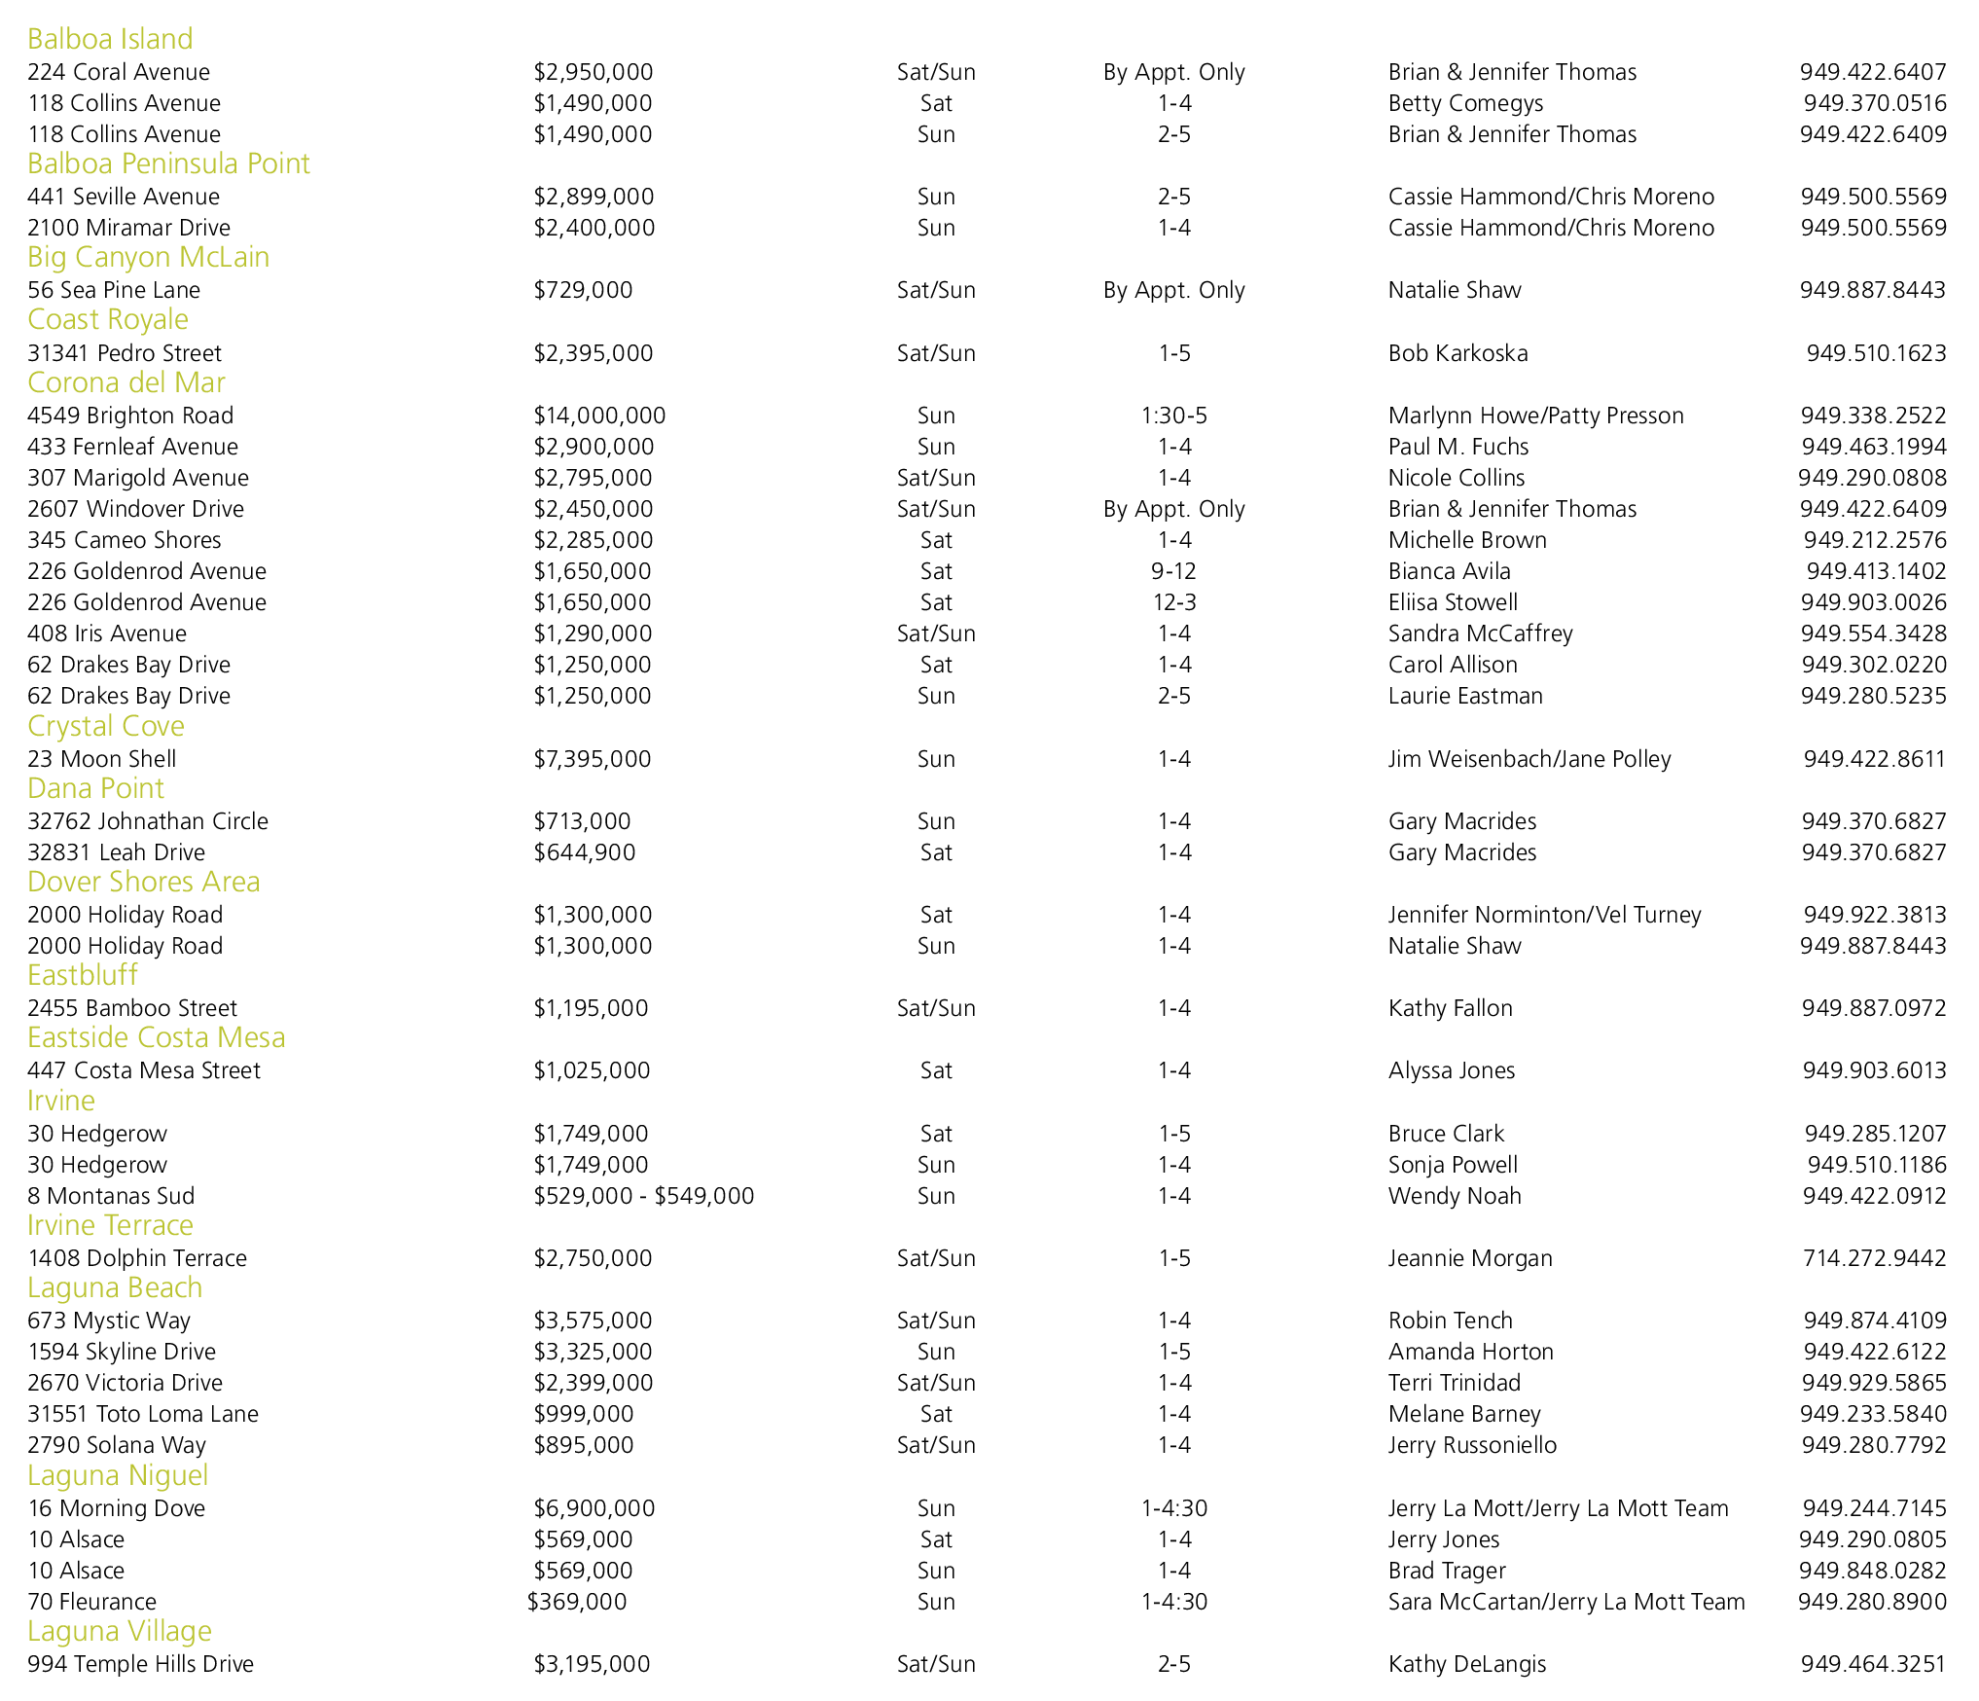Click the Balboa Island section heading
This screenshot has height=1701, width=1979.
tap(110, 39)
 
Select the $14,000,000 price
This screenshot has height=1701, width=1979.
tap(599, 416)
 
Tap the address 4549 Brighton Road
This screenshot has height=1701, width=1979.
tap(130, 416)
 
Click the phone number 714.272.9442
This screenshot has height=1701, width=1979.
tap(1875, 1258)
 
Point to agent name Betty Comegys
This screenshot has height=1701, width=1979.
tap(1465, 103)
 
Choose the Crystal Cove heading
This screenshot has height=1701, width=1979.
tap(106, 726)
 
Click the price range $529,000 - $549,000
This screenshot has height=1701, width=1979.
tap(644, 1196)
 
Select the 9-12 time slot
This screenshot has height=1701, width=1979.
tap(1173, 571)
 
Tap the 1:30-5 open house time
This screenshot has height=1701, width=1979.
tap(1173, 416)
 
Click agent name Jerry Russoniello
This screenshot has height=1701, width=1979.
tap(1472, 1445)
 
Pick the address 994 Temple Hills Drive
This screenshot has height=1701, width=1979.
tap(140, 1664)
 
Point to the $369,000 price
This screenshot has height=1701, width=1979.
tap(577, 1602)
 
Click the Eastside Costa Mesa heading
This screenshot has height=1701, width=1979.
tap(157, 1037)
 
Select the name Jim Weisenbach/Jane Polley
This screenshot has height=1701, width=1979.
tap(1529, 759)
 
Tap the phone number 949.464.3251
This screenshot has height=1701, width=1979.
tap(1873, 1664)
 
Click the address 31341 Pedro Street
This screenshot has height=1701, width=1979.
tap(125, 353)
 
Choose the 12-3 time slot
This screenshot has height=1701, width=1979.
tap(1173, 602)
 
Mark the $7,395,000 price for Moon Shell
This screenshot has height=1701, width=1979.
tap(593, 759)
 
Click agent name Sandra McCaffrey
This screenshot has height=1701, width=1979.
tap(1480, 633)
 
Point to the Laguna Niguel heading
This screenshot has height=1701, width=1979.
tap(118, 1475)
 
